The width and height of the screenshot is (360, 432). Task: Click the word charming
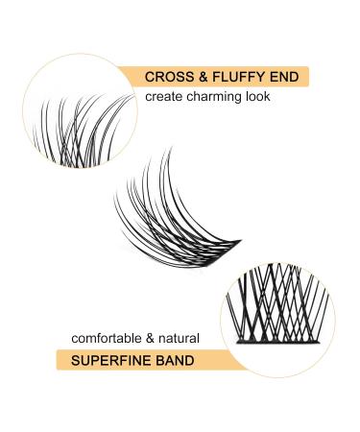click(x=213, y=96)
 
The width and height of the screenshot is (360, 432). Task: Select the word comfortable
click(x=107, y=338)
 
